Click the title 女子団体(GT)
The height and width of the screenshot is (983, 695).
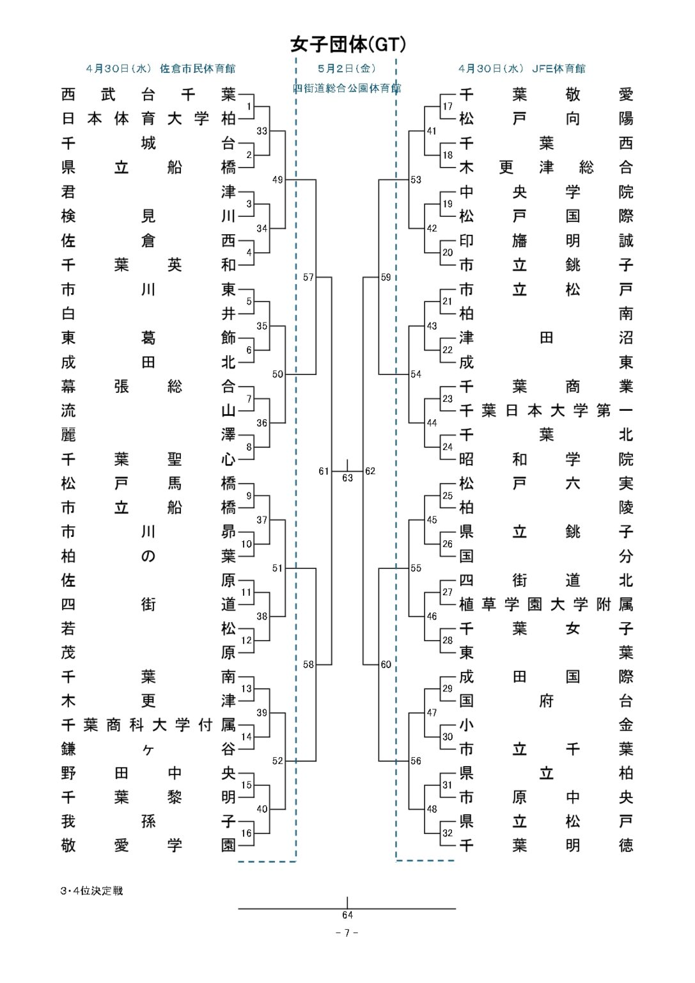348,44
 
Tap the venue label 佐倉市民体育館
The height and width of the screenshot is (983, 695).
198,68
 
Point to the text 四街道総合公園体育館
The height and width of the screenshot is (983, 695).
347,88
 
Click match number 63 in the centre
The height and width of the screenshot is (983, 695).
347,477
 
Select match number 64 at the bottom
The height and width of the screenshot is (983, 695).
347,915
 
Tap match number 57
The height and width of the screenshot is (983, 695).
309,277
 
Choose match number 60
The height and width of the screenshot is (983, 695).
386,664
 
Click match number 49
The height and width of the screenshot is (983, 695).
277,180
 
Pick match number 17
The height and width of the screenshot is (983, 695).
448,106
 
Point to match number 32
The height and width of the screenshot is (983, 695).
448,833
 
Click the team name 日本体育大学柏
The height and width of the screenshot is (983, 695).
148,118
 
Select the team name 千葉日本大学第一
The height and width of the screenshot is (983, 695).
546,410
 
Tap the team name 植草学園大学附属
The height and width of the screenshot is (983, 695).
546,604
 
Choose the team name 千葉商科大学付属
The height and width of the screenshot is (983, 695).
148,724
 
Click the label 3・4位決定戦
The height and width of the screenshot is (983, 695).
91,891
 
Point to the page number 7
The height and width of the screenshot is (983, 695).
347,933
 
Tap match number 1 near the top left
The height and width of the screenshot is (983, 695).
249,106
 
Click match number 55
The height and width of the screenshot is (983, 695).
416,568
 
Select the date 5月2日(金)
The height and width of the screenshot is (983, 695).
347,68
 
